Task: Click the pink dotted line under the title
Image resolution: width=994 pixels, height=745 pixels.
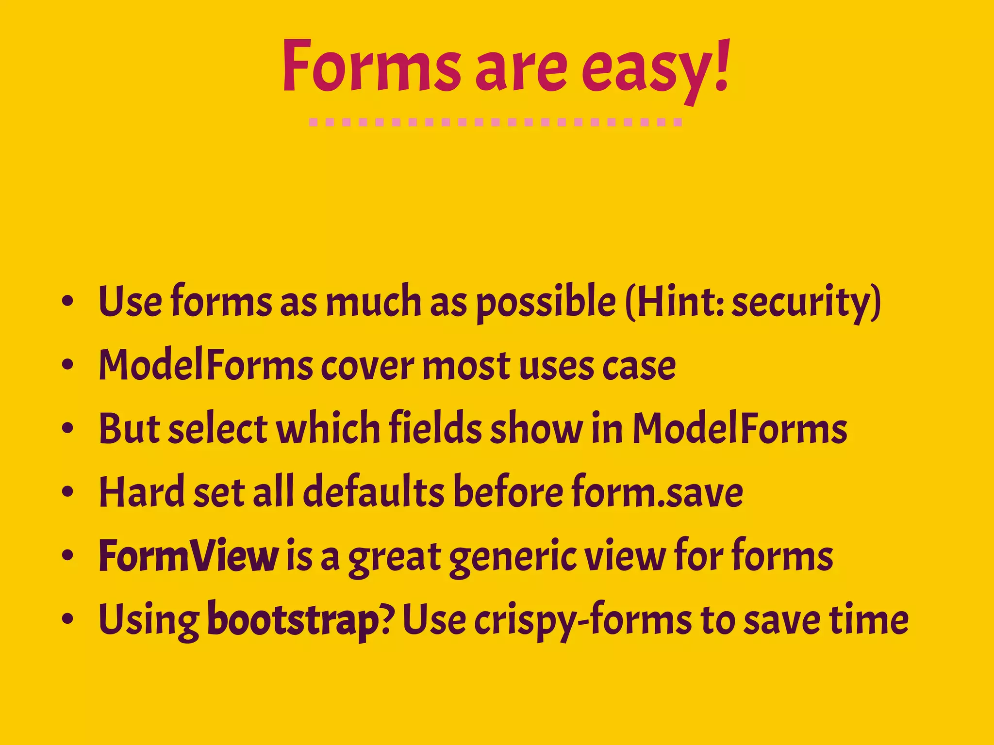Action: pyautogui.click(x=496, y=122)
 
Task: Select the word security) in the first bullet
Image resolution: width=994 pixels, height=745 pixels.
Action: pyautogui.click(x=806, y=303)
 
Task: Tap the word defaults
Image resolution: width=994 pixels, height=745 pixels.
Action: pyautogui.click(x=374, y=492)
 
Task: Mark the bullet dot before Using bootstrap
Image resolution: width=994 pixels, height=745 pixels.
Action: pyautogui.click(x=67, y=619)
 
